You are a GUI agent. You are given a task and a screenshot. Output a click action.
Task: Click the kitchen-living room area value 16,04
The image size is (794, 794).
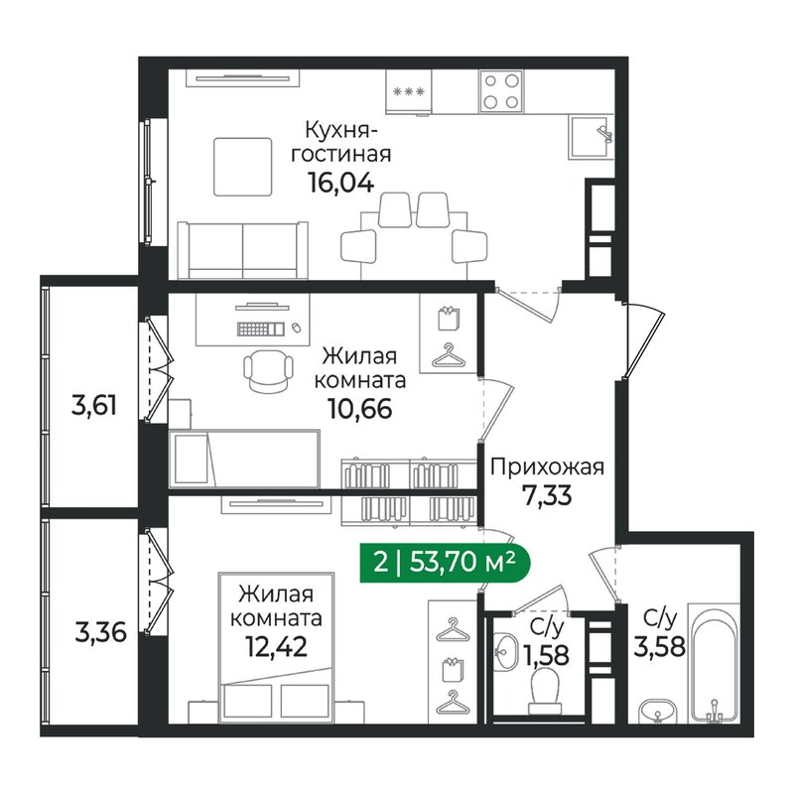point(340,183)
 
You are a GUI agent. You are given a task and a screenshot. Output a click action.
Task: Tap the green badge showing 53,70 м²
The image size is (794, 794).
point(445,563)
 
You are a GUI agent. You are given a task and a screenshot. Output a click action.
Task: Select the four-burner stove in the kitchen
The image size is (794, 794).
point(501,91)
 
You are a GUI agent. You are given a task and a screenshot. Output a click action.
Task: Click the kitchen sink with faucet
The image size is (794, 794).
point(591,137)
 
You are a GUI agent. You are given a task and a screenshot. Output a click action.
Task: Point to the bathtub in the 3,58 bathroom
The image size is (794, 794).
point(715,663)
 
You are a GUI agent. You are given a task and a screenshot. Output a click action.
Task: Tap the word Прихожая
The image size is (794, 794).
point(548,466)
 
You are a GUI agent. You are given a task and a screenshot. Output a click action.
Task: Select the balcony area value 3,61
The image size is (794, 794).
point(94,406)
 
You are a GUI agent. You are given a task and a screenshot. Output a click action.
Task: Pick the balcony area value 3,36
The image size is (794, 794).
point(100,632)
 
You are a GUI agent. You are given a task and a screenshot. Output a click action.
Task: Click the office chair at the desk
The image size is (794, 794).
point(268,370)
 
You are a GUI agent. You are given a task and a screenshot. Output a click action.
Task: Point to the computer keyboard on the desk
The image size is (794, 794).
point(260,329)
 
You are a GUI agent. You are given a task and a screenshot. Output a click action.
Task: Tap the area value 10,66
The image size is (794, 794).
point(360,409)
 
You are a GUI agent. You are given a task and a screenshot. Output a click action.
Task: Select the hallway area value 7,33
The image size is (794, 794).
point(548,495)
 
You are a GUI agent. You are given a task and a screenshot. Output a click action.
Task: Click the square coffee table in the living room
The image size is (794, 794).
point(243,167)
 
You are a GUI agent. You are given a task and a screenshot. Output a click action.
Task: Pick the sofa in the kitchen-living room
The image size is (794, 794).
point(242,250)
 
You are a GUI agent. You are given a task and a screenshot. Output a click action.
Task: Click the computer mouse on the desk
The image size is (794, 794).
point(296,329)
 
